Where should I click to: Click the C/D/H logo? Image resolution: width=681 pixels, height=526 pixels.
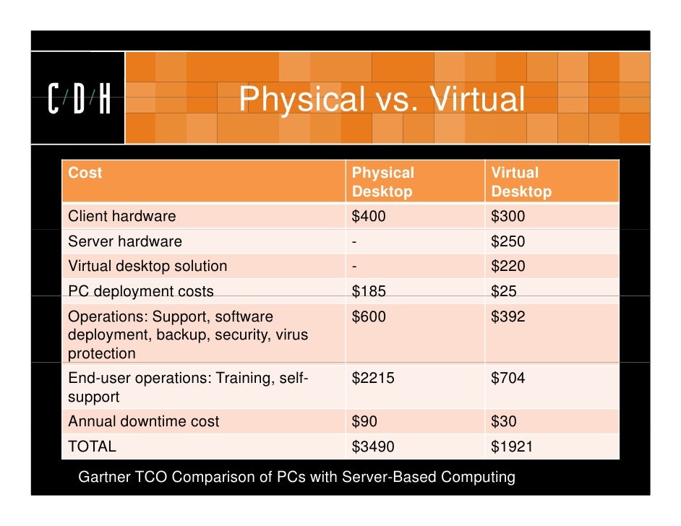[x=79, y=100]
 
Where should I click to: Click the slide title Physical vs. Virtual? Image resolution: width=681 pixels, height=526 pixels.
[x=382, y=100]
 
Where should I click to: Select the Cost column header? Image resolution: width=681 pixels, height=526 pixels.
[x=85, y=173]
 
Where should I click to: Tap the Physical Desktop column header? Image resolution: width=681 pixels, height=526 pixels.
[x=383, y=182]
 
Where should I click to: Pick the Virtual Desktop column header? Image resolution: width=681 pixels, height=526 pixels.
[x=521, y=182]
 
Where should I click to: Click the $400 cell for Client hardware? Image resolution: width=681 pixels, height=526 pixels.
[x=369, y=216]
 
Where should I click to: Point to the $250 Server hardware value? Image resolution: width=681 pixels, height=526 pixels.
[x=508, y=241]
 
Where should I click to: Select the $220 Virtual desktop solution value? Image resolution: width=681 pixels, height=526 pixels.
[x=508, y=266]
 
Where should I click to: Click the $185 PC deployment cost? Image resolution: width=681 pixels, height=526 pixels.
[x=369, y=291]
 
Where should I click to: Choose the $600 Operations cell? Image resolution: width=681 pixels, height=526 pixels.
[x=369, y=316]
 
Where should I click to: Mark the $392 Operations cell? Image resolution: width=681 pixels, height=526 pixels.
[x=508, y=316]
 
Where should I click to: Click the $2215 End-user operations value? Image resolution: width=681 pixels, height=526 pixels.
[x=373, y=378]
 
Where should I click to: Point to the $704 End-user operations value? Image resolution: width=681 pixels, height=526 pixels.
[x=508, y=378]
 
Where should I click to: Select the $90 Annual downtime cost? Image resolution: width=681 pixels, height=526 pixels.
[x=364, y=421]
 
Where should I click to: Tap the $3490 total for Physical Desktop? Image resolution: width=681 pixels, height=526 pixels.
[x=373, y=447]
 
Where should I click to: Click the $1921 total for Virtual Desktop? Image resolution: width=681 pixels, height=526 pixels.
[x=512, y=447]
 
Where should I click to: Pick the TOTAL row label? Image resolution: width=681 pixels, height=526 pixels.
[x=92, y=447]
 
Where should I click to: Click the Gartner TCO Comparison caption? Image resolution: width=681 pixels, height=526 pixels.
[x=296, y=477]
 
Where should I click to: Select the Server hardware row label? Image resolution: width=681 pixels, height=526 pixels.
[x=125, y=241]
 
